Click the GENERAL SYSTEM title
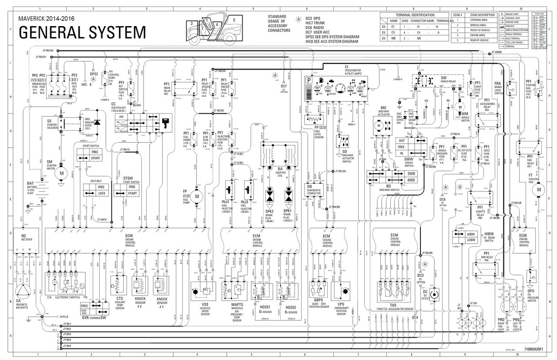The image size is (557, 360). point(82,33)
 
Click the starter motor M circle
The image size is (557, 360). point(61,173)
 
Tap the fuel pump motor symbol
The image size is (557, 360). point(197,196)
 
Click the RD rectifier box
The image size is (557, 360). point(23,238)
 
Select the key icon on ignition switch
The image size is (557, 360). point(165,122)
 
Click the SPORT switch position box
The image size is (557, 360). point(95,158)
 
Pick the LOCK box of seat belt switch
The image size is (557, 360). point(101,193)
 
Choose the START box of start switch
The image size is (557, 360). point(132,193)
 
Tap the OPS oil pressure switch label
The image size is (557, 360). point(531,291)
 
